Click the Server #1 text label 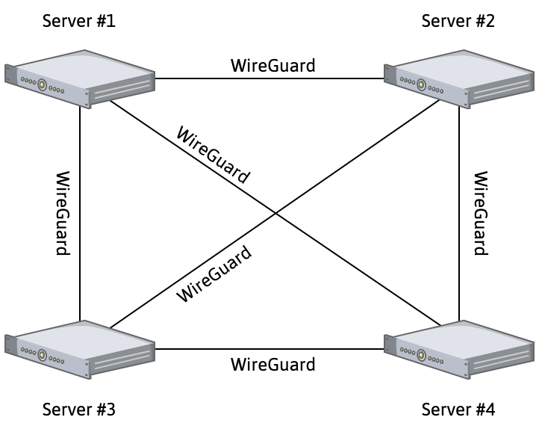(79, 20)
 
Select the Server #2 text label (458, 20)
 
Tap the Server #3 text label (79, 409)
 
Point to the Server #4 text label (458, 409)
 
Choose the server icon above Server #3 (80, 348)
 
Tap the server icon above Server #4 (459, 348)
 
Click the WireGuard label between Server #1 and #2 (272, 66)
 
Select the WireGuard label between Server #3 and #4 (272, 365)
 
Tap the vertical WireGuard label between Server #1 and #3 (63, 213)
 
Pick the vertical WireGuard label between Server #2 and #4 (482, 213)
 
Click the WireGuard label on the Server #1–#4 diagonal (212, 155)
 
